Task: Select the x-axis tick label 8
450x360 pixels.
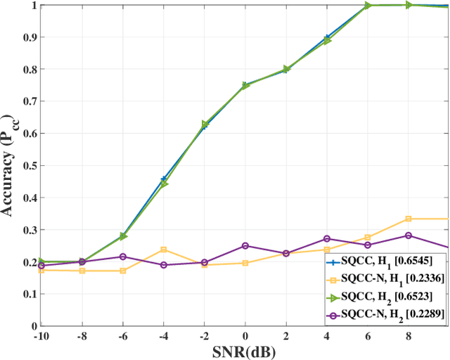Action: (x=409, y=335)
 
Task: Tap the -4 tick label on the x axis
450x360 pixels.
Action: (x=164, y=335)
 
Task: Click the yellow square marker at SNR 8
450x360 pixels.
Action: (x=409, y=219)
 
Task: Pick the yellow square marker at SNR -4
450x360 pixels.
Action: (x=164, y=250)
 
